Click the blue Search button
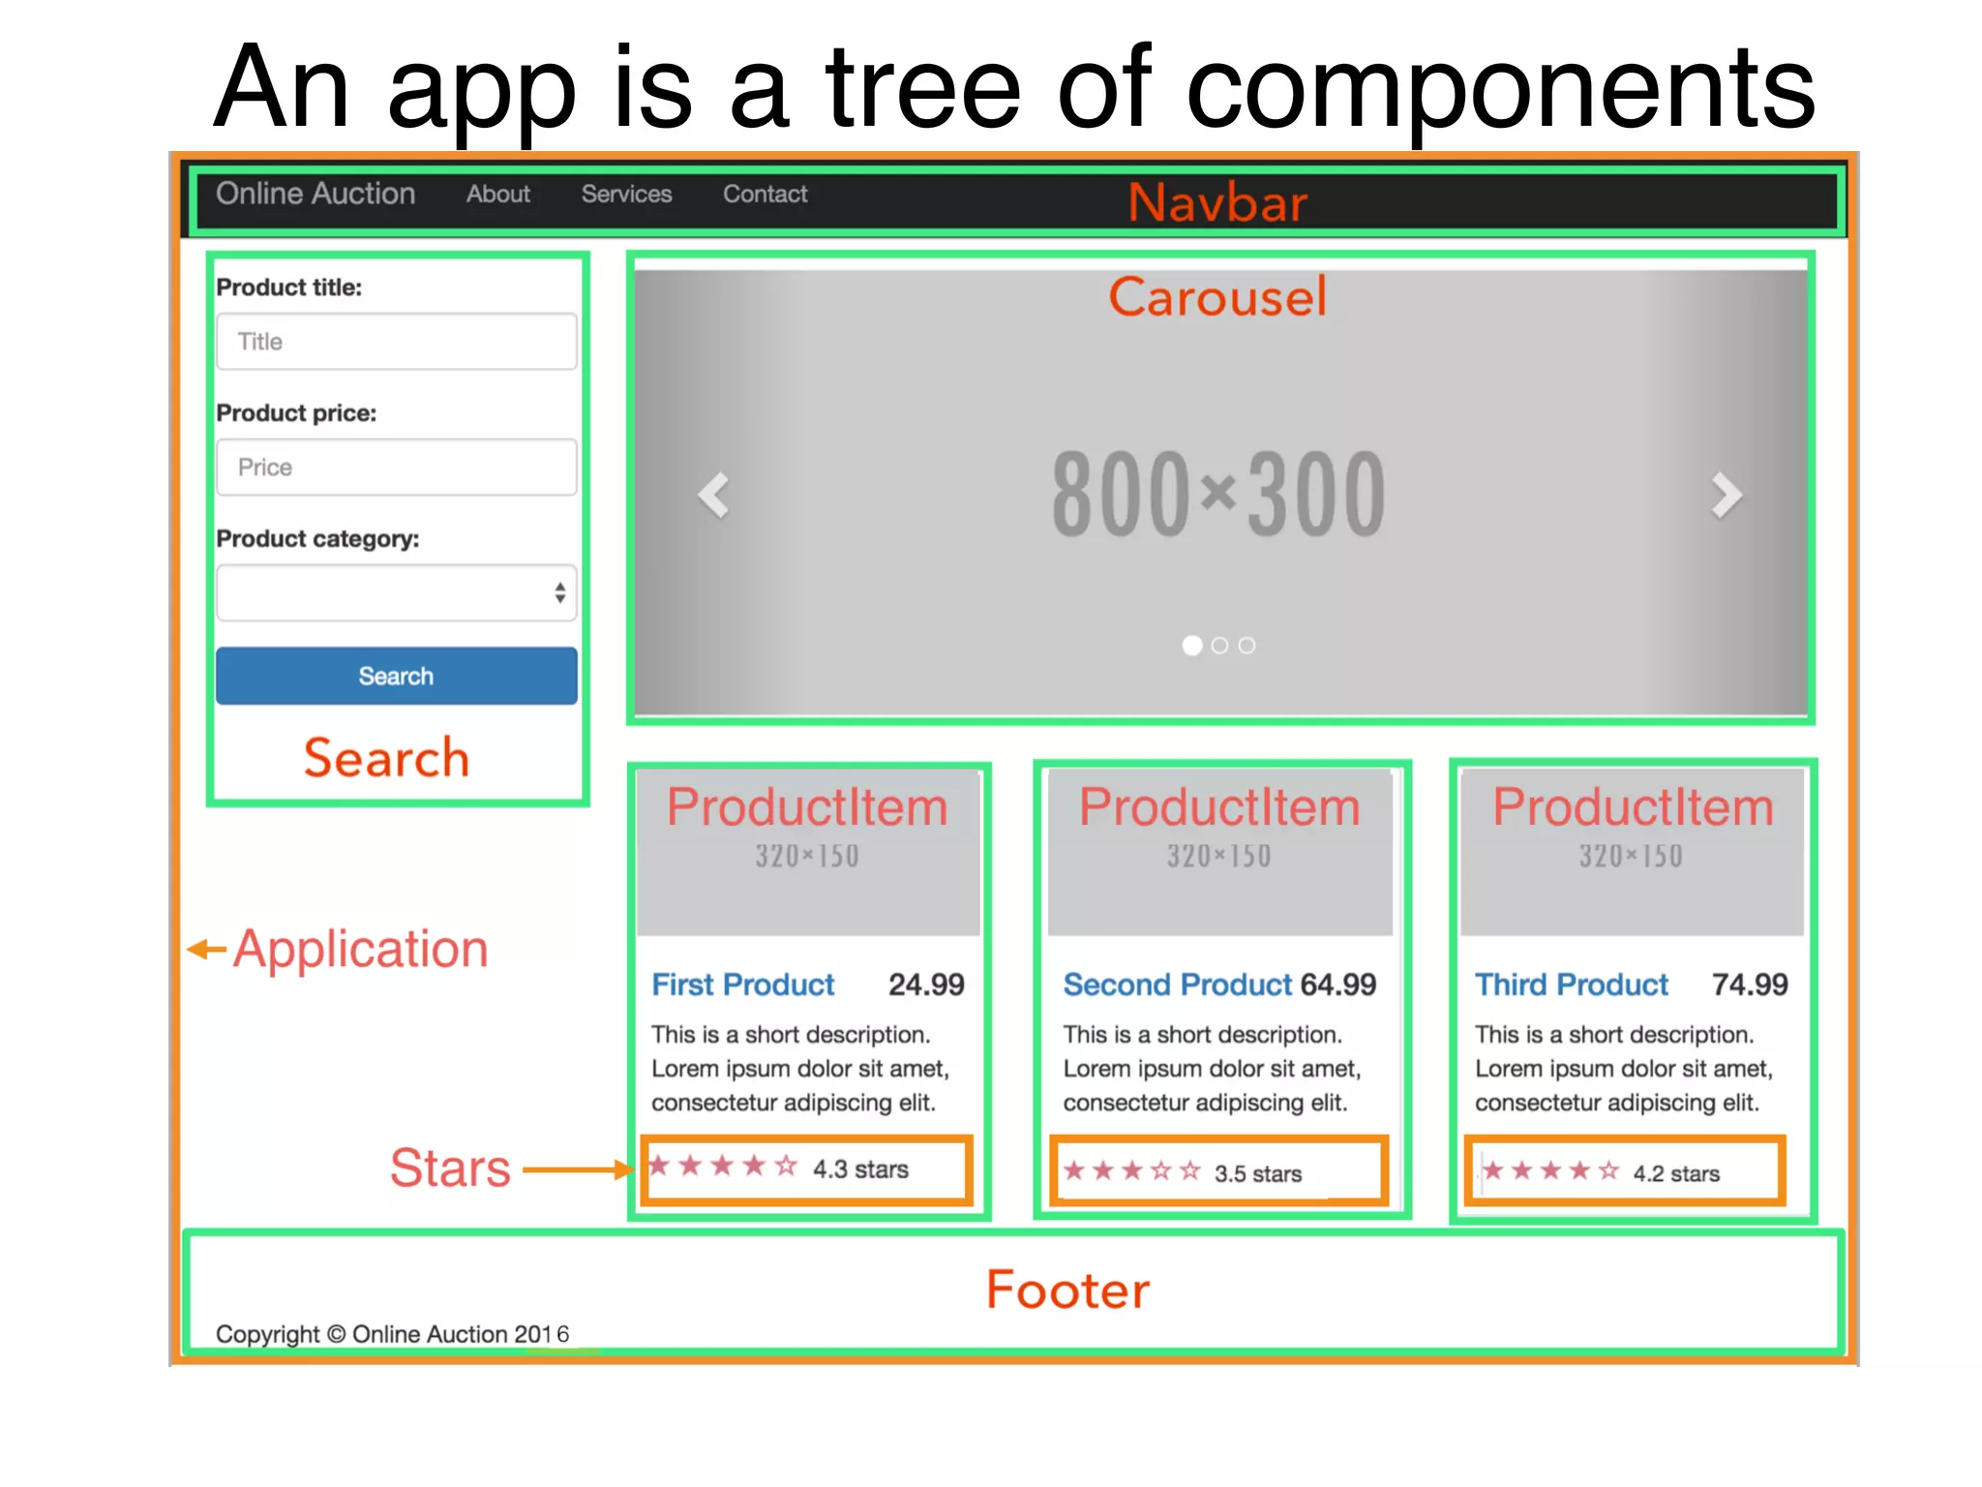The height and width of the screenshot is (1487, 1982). (396, 676)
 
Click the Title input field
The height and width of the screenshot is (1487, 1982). (396, 342)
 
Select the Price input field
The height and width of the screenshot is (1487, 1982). (396, 468)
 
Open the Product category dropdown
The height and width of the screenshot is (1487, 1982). (396, 592)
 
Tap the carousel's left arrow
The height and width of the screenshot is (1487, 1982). (714, 496)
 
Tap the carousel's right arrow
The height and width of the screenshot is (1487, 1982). (1726, 496)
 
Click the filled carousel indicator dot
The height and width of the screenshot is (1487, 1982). (1192, 646)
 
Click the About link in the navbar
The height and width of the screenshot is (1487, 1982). (498, 195)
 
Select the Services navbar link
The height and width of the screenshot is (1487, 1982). (626, 195)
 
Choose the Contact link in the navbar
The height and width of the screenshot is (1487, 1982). (765, 195)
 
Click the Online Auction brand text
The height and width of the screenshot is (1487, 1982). (315, 194)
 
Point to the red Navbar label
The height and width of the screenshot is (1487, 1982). (1217, 203)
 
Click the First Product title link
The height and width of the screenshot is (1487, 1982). (742, 985)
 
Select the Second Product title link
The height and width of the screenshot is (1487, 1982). (1177, 985)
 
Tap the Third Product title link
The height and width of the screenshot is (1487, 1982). (1571, 985)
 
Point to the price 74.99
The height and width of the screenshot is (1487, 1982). (1750, 985)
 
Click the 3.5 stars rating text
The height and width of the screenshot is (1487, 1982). (1257, 1174)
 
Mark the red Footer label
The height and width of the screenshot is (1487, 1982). (1068, 1290)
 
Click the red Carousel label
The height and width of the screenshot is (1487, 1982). (1217, 296)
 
